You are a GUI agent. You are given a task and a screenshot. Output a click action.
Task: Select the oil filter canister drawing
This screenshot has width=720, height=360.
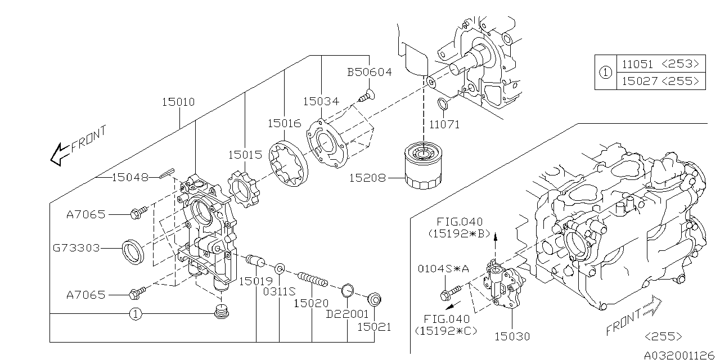(x=424, y=167)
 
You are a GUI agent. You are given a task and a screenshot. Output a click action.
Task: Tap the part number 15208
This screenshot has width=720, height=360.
(x=367, y=178)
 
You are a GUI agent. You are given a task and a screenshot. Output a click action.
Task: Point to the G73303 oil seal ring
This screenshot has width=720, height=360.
(x=134, y=251)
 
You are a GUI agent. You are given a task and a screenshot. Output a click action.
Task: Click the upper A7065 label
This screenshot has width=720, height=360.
(x=85, y=214)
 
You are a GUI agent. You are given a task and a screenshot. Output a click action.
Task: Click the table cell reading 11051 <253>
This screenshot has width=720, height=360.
(x=660, y=64)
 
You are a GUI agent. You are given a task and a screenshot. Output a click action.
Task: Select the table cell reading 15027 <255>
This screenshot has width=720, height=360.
(x=660, y=82)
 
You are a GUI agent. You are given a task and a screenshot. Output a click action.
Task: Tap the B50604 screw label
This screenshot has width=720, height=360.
(x=369, y=73)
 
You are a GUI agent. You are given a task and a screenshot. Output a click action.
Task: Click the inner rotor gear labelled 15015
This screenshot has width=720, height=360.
(x=242, y=191)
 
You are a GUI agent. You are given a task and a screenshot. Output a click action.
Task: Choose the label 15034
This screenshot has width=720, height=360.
(x=321, y=102)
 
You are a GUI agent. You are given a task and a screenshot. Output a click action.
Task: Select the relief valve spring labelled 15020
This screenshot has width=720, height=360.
(x=312, y=279)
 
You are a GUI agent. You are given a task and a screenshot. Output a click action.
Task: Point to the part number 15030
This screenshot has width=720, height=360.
(x=512, y=336)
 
